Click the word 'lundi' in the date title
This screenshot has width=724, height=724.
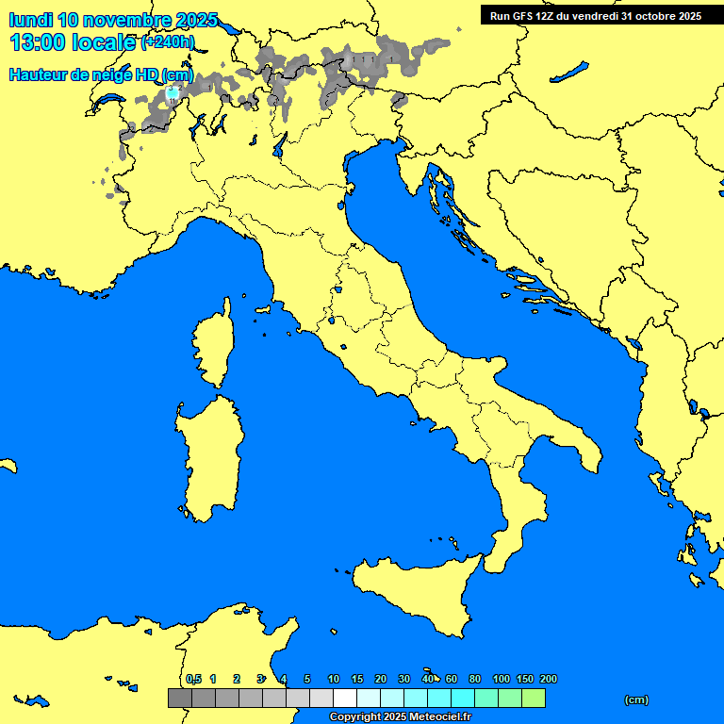(x=31, y=20)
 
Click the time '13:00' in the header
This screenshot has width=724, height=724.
(x=40, y=42)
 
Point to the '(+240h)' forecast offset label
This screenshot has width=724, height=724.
(x=168, y=42)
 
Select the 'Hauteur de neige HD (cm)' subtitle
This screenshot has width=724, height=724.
(x=101, y=74)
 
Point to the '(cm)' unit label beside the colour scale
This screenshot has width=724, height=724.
(x=636, y=699)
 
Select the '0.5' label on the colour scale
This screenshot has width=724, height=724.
(x=193, y=679)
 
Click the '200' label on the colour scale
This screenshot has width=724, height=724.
(x=548, y=679)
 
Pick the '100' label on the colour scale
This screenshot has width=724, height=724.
(x=502, y=679)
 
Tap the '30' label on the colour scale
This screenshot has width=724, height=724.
(x=403, y=679)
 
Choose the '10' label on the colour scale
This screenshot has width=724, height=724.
(x=333, y=679)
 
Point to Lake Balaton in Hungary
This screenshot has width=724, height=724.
(x=569, y=72)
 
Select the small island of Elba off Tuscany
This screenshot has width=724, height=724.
(x=263, y=309)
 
